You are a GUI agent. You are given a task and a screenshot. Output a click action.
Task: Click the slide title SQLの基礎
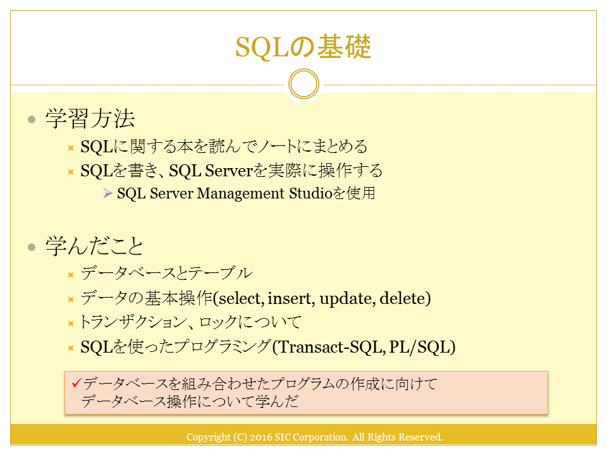coord(303,47)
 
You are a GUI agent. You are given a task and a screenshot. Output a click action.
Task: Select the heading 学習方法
coord(90,118)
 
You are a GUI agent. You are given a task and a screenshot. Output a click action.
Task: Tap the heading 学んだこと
coord(94,246)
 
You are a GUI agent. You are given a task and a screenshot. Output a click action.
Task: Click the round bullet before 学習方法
coord(32,119)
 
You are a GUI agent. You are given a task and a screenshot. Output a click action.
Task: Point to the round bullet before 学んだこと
coord(32,247)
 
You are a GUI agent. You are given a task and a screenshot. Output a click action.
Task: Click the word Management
coord(241,193)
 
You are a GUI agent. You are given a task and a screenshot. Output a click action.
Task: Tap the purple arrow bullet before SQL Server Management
coord(107,193)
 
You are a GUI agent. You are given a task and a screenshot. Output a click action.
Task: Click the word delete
coord(403,298)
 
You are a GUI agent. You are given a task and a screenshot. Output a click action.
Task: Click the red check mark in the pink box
coord(77,383)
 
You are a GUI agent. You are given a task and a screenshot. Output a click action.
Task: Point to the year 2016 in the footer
coord(261,437)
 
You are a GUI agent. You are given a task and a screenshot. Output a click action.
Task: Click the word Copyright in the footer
coord(208,437)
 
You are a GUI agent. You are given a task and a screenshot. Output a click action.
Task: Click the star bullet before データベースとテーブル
coord(70,275)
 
